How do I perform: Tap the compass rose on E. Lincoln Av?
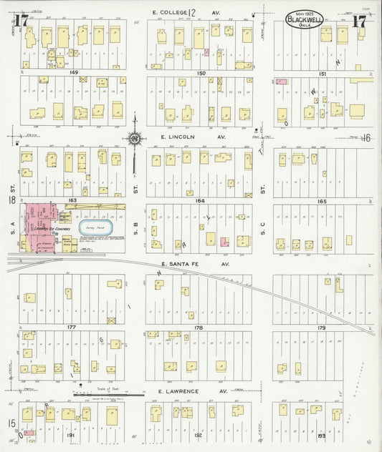tap(135, 138)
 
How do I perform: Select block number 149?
tap(73, 73)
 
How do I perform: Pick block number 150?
tap(201, 73)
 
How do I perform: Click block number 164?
tap(201, 201)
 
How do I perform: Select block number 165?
tap(322, 201)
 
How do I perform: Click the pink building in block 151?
tap(282, 82)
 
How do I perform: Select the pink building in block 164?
tap(224, 242)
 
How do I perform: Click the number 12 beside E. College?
tap(191, 12)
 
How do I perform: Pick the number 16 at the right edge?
tap(366, 138)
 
